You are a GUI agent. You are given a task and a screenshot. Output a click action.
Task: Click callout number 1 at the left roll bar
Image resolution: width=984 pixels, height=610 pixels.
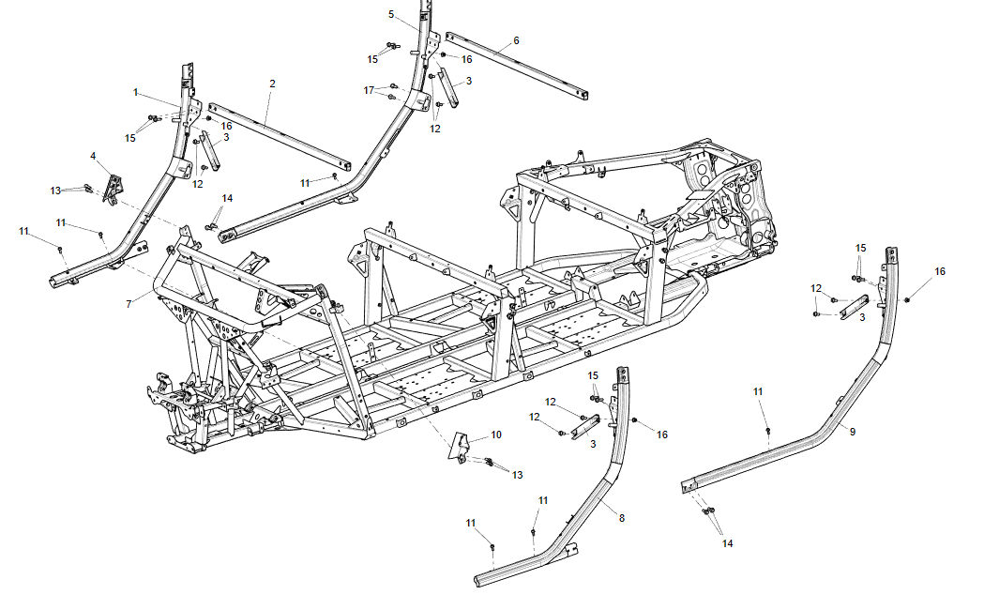135,92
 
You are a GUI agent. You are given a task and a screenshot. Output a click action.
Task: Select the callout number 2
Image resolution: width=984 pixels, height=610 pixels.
272,84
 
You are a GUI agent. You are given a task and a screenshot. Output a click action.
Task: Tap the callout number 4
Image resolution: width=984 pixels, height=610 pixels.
93,155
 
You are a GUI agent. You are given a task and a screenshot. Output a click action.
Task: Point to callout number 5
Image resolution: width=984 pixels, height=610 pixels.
391,14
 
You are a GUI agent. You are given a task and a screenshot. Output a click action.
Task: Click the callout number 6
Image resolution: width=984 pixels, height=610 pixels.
516,41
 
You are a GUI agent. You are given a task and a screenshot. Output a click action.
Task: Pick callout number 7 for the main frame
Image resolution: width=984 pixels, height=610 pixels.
129,304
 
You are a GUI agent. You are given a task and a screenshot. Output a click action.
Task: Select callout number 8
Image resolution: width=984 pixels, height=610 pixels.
621,517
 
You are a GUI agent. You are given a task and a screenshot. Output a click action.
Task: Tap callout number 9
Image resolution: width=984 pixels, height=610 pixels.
853,430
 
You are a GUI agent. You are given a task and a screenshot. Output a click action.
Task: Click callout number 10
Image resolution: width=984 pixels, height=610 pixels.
496,435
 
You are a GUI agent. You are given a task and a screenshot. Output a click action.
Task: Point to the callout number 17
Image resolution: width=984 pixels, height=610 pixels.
369,90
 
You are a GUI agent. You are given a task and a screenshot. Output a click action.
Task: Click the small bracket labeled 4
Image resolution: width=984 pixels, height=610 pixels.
113,188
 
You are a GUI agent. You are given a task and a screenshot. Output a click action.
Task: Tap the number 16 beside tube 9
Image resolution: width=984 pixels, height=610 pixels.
940,271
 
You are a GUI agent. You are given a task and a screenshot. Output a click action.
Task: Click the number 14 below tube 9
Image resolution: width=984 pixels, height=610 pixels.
728,542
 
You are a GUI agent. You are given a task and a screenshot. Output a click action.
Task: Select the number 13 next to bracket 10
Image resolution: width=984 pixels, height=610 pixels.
518,475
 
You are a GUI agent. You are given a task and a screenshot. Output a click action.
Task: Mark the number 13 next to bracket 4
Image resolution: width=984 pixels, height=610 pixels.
55,191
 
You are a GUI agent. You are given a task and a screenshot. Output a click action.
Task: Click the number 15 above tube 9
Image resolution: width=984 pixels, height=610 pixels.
861,247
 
